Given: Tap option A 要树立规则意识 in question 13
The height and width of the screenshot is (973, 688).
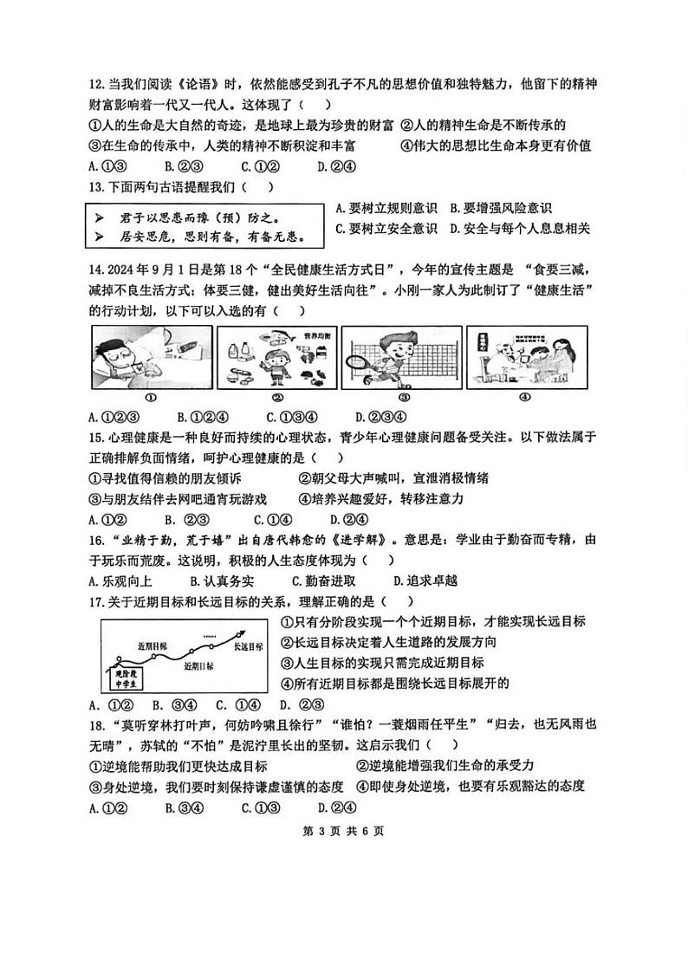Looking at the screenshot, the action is pos(385,208).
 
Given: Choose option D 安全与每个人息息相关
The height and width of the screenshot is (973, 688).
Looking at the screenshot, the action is pos(521,229).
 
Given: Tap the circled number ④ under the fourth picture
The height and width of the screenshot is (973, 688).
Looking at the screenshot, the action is pos(524,397).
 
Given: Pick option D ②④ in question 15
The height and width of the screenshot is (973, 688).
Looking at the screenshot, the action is pos(348,520).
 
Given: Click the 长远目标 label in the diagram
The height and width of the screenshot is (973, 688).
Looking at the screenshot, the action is pos(248,646).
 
